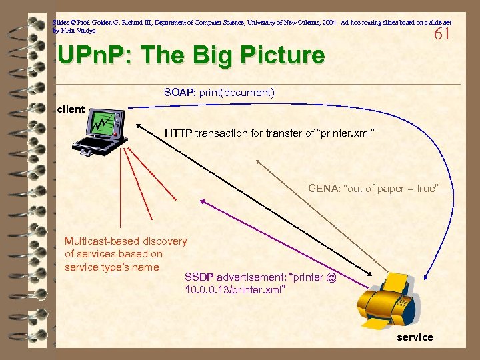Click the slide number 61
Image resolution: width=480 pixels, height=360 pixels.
441,34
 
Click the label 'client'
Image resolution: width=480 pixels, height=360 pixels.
71,109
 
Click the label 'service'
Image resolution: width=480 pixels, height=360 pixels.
415,337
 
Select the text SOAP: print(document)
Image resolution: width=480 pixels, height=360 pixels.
219,93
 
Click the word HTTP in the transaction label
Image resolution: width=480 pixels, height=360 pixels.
179,133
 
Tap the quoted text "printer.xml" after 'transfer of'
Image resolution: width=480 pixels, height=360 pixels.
346,133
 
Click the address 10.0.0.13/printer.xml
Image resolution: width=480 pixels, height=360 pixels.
235,290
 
